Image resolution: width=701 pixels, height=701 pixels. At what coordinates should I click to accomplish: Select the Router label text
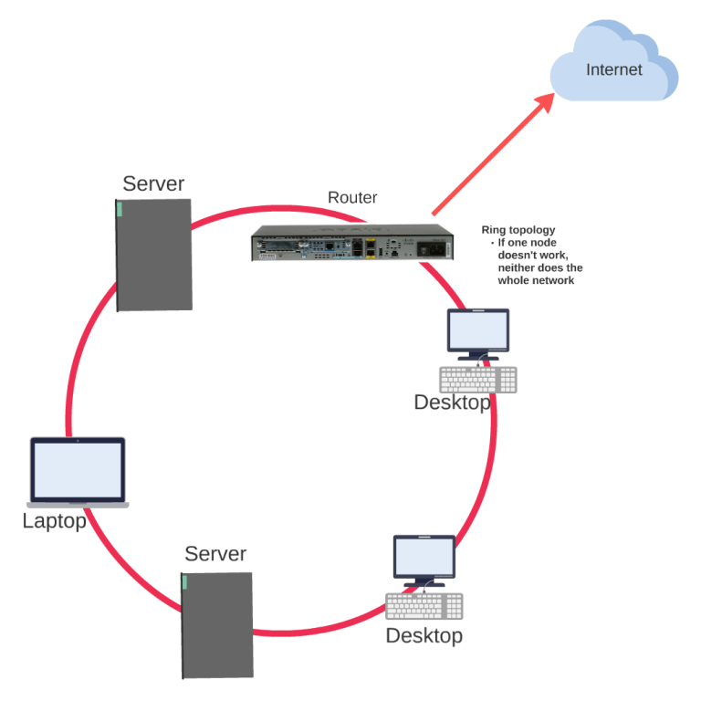352,197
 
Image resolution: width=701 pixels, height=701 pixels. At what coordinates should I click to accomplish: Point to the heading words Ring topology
518,230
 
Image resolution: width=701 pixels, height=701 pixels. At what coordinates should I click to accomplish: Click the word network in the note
555,281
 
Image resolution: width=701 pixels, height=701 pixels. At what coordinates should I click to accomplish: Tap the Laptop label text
54,521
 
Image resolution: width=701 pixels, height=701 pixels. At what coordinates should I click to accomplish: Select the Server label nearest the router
153,183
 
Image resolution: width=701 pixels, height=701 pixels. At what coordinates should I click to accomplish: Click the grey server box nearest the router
154,255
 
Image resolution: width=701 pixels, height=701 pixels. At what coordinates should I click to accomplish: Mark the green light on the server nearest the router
119,209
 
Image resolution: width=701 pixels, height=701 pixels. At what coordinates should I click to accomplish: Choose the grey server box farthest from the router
217,625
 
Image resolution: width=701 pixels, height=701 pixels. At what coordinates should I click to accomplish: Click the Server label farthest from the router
215,553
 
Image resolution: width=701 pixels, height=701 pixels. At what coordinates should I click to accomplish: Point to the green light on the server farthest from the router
184,582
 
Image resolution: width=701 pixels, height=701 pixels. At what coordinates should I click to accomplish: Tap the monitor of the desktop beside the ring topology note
477,330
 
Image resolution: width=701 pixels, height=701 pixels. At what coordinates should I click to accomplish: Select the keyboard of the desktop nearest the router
477,380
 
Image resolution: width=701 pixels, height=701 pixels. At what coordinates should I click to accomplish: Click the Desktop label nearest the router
452,403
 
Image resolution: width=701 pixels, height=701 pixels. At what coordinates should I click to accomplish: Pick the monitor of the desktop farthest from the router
424,557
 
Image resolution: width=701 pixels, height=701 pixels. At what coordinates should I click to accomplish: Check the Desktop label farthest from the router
424,635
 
